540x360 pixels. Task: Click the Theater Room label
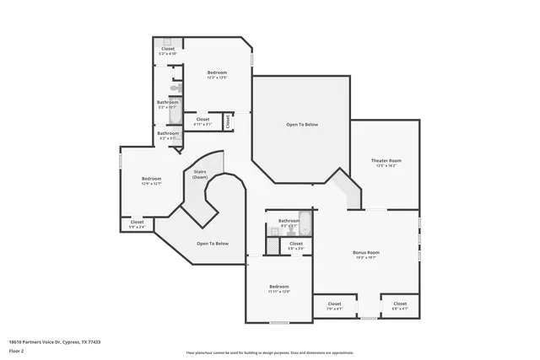coord(386,160)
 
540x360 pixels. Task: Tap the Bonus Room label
coord(365,252)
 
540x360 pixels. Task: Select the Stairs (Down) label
coord(200,175)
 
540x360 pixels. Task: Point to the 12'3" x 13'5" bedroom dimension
coord(217,78)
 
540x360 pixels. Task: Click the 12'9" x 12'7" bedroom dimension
coord(151,184)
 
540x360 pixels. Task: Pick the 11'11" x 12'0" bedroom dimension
coord(279,292)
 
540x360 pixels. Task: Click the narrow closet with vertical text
coord(228,121)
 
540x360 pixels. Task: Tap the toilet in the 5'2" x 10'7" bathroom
coord(175,88)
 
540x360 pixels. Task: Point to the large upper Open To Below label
coord(301,125)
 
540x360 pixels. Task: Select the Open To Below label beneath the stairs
coord(213,244)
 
